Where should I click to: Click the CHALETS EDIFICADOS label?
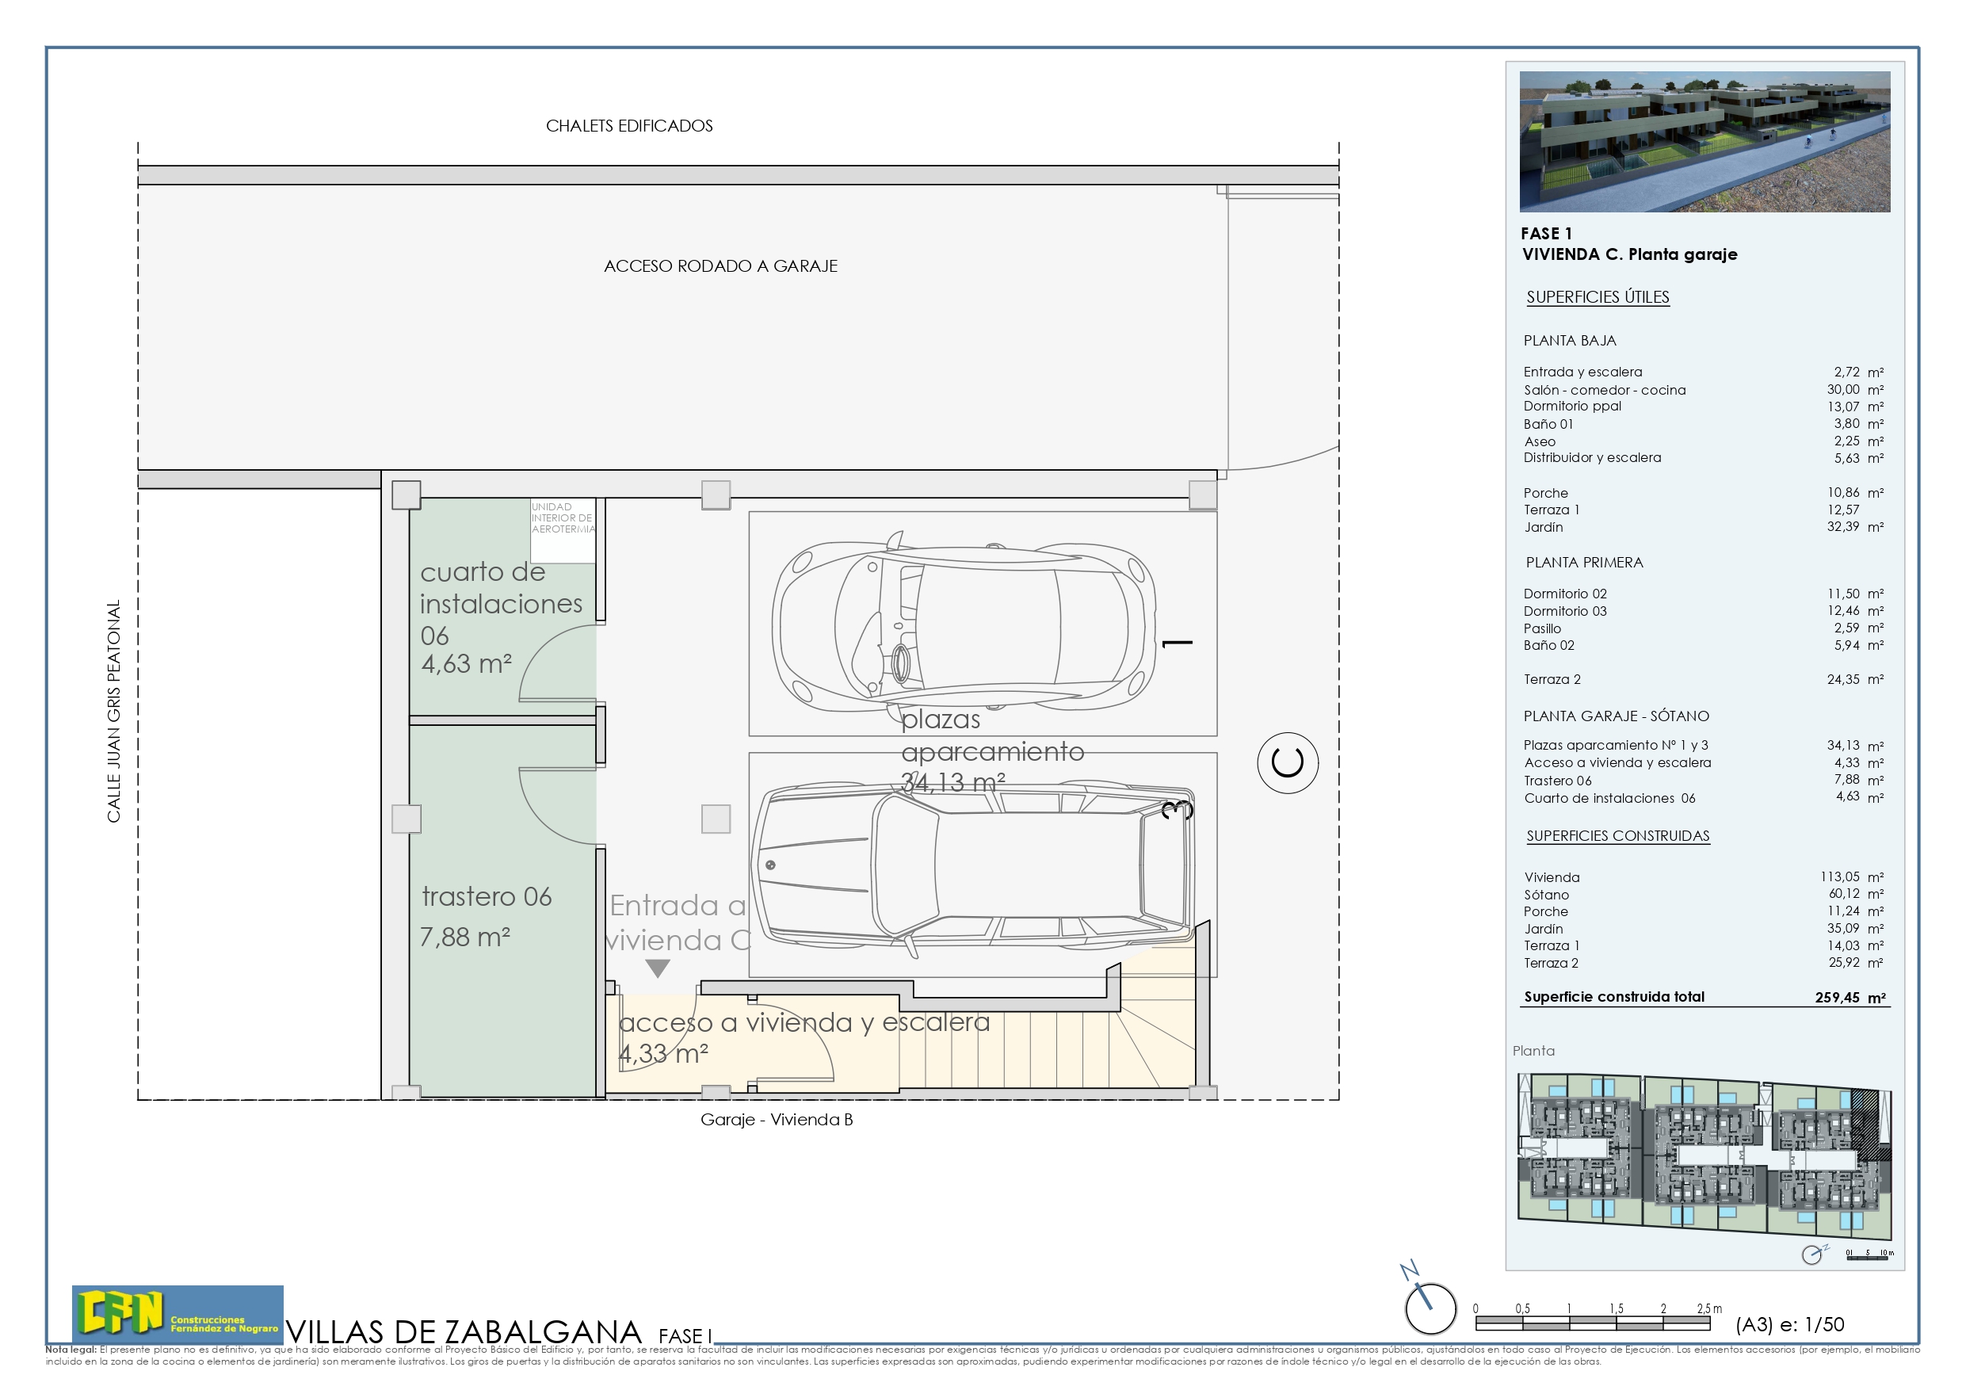pos(628,126)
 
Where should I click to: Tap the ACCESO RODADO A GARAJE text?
pos(720,266)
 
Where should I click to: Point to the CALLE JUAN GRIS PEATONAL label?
pos(114,711)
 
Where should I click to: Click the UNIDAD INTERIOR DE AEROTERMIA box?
pos(563,531)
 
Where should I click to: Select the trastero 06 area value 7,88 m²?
pos(465,937)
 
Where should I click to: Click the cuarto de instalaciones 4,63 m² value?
pos(466,664)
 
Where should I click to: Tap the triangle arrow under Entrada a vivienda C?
pos(657,968)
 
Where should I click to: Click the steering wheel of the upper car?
pos(901,662)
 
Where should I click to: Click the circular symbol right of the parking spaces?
pos(1287,762)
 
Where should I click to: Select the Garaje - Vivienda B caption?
pos(776,1119)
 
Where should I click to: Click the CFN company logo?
pos(178,1313)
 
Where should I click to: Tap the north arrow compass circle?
pos(1430,1308)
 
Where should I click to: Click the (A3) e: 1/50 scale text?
pos(1788,1324)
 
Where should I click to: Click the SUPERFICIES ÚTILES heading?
pos(1597,297)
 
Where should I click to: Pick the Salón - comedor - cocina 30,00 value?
pos(1842,390)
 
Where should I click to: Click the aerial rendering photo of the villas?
pos(1704,141)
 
